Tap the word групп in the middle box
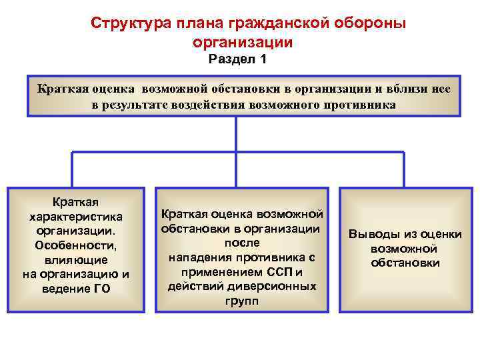tap(242, 301)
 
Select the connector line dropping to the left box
tap(72, 169)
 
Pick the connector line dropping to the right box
tap(403, 169)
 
